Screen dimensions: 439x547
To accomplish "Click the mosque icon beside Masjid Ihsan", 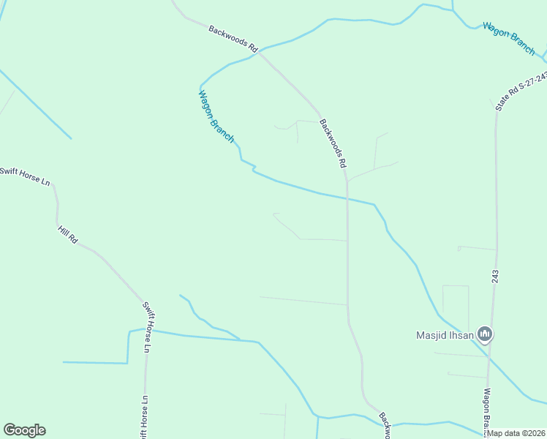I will click(x=484, y=335).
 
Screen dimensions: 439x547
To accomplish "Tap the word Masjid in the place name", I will click(x=431, y=336).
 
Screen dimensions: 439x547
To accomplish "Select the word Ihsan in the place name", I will click(x=461, y=336).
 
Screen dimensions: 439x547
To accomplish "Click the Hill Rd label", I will click(x=67, y=235).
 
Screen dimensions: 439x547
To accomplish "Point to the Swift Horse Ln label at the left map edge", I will click(x=24, y=176).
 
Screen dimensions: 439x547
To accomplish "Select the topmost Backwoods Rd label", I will click(x=233, y=40).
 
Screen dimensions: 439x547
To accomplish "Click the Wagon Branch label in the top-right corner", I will click(x=509, y=38).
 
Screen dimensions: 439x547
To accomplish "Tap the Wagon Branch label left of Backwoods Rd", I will click(x=216, y=116).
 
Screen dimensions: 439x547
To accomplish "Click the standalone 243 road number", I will click(x=495, y=276).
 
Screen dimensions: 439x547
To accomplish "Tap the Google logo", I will click(x=24, y=430).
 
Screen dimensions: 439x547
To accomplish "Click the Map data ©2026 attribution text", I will click(x=516, y=433).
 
